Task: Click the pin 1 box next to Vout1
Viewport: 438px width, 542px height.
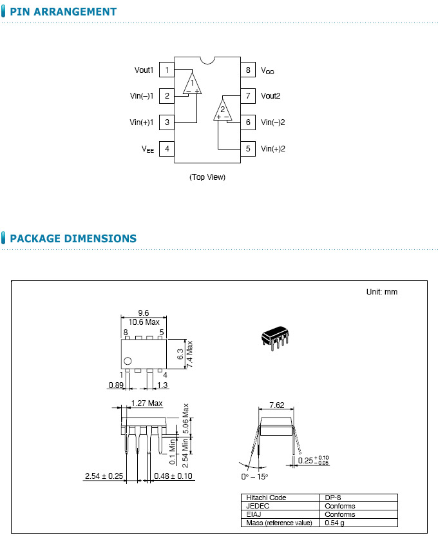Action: click(x=167, y=70)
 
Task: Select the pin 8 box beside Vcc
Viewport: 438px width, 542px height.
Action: click(x=247, y=70)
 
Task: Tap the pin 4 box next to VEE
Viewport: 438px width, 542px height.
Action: click(x=167, y=149)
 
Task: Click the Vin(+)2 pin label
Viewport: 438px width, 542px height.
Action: click(x=272, y=149)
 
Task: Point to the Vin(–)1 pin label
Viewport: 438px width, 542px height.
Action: click(x=142, y=96)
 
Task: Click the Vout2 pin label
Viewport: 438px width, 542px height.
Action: click(x=271, y=96)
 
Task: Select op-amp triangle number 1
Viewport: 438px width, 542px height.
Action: click(x=192, y=84)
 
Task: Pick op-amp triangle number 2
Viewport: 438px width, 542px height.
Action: click(x=222, y=110)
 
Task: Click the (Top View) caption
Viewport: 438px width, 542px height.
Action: click(x=207, y=177)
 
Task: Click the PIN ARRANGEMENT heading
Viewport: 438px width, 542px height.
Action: click(x=63, y=12)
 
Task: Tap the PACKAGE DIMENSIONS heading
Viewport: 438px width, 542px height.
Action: click(x=73, y=238)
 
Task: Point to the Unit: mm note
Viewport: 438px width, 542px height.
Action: click(x=382, y=292)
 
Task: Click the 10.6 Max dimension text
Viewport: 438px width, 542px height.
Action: click(x=144, y=322)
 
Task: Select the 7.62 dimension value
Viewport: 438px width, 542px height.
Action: click(x=276, y=405)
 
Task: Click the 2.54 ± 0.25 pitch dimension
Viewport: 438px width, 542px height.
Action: click(x=104, y=476)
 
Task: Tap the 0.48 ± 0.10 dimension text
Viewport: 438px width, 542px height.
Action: click(x=173, y=476)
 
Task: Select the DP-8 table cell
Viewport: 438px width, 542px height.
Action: click(x=332, y=498)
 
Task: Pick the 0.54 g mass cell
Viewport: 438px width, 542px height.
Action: click(x=336, y=523)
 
